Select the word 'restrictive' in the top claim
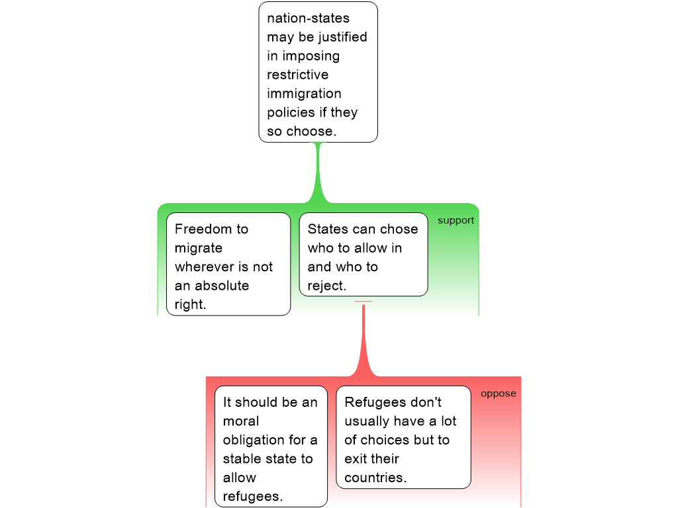297,75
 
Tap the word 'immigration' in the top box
304,94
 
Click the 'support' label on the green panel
456,220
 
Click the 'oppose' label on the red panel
498,394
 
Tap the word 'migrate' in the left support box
199,248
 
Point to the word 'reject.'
326,286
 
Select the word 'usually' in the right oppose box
366,421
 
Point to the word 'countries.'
375,478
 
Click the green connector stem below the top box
318,172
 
